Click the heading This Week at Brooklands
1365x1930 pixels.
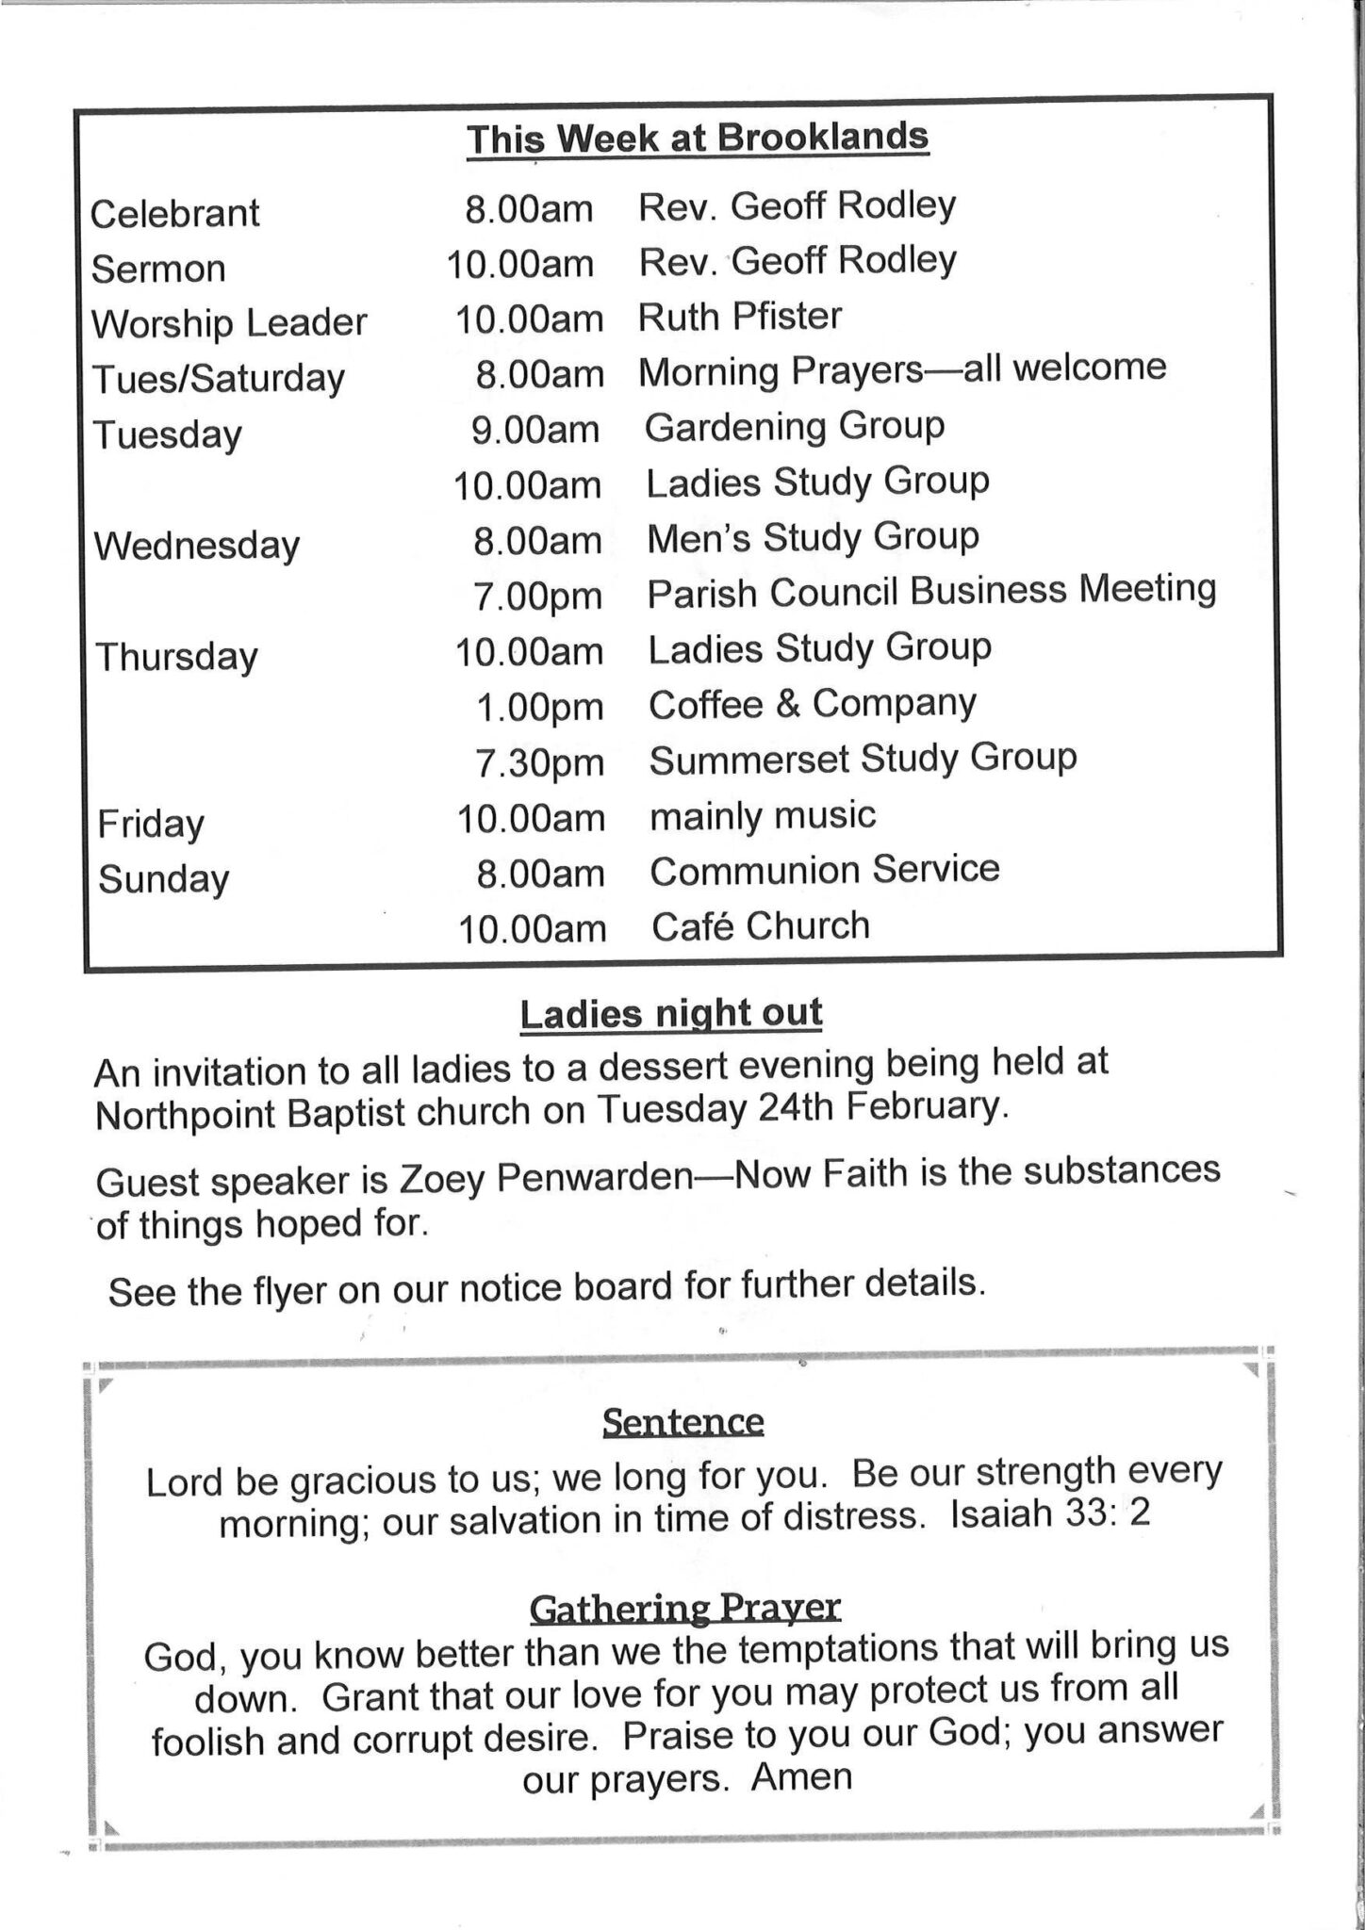pos(698,139)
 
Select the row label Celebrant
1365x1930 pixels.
pos(174,213)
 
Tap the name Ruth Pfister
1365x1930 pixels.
pos(739,317)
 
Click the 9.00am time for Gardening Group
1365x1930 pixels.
pos(535,430)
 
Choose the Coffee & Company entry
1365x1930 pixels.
pos(812,704)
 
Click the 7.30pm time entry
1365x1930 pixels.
pos(538,762)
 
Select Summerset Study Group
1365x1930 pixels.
pos(862,759)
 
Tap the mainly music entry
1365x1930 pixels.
pos(762,815)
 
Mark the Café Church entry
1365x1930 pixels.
pos(760,925)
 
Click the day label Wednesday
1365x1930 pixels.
pos(196,546)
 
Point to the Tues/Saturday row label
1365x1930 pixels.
pos(218,379)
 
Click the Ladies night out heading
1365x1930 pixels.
pos(670,1014)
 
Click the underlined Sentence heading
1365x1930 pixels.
pos(682,1421)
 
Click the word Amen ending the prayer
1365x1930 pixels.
pos(801,1776)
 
